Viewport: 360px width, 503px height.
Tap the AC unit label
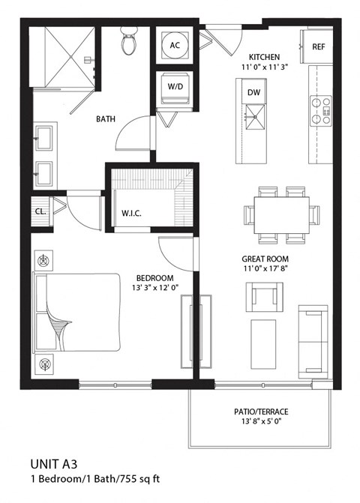[x=175, y=45]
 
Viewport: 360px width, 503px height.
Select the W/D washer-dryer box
[x=175, y=86]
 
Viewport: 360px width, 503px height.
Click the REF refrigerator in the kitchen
[x=318, y=47]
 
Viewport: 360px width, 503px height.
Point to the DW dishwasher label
[x=253, y=91]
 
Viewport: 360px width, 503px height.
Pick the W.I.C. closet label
[x=132, y=213]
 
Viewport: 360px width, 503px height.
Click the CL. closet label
[x=40, y=211]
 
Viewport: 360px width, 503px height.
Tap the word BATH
[x=104, y=118]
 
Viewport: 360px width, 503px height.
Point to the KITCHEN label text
[x=265, y=57]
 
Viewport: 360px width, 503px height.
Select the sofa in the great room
[x=313, y=341]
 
